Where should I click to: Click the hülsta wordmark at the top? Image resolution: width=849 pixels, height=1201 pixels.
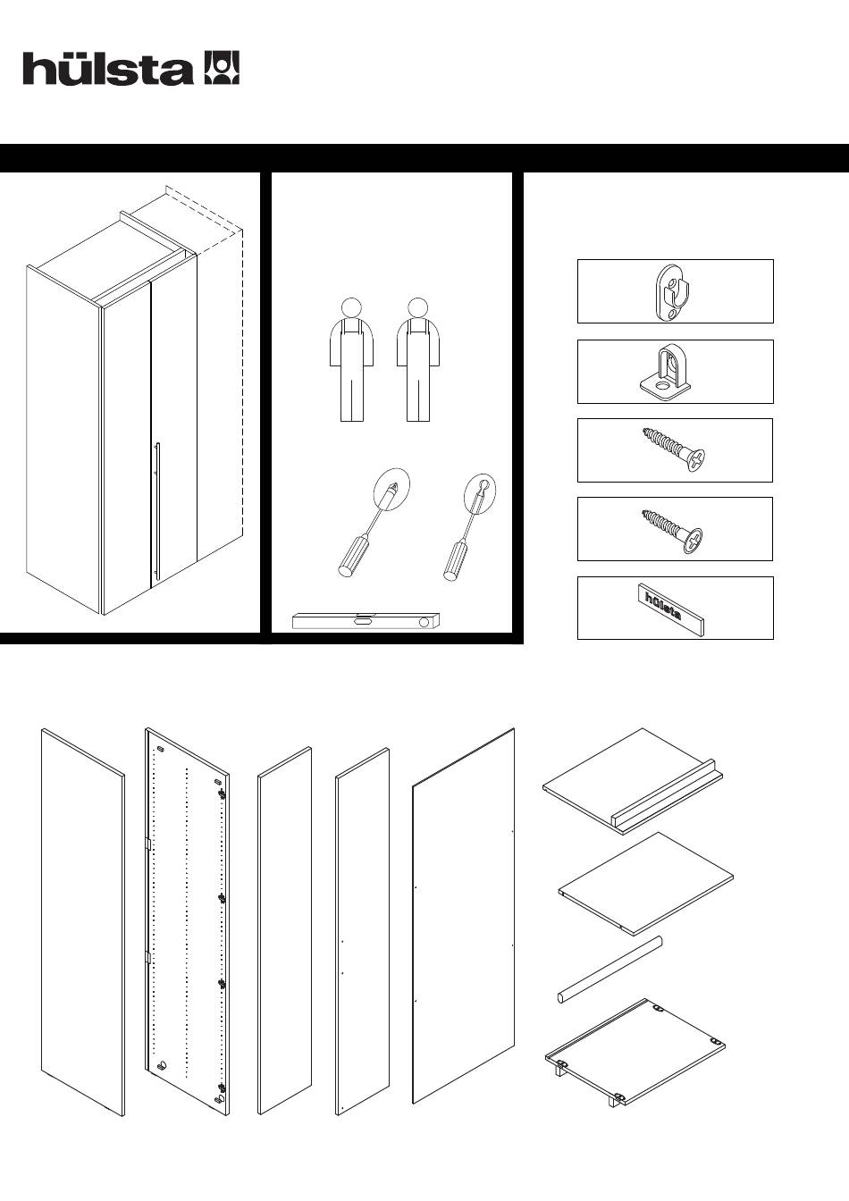pos(107,70)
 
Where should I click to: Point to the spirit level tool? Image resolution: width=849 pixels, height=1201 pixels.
pos(366,621)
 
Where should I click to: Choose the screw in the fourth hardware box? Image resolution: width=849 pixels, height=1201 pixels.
pos(674,529)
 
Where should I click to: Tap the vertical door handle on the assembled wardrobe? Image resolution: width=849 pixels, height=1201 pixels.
pos(156,514)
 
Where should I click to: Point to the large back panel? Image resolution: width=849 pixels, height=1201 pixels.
pos(463,916)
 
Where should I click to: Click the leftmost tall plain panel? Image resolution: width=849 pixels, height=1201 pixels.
pos(82,920)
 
